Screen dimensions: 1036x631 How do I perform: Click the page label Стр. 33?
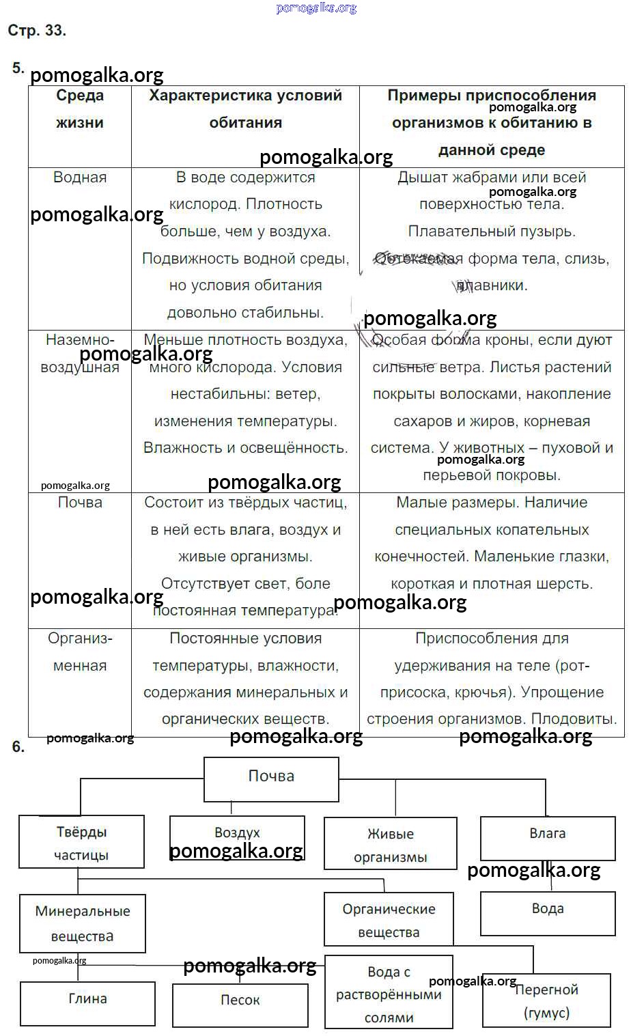37,31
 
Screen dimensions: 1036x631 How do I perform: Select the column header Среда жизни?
80,109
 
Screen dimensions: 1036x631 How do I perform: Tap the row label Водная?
80,178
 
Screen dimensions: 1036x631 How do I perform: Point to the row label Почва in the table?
80,503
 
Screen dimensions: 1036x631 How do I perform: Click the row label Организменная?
80,652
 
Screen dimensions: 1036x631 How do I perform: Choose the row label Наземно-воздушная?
80,353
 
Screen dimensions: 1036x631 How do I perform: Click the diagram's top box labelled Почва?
271,779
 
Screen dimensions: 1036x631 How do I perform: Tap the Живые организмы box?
390,845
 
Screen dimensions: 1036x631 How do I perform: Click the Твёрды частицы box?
81,843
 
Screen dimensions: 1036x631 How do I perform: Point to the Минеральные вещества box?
83,923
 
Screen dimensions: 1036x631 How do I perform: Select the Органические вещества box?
389,920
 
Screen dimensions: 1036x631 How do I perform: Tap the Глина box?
87,1003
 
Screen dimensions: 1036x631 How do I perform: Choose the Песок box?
240,1005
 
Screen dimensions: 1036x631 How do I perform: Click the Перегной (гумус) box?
546,1000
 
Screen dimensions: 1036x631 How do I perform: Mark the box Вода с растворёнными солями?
389,994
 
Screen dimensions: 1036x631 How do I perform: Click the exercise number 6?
18,747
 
